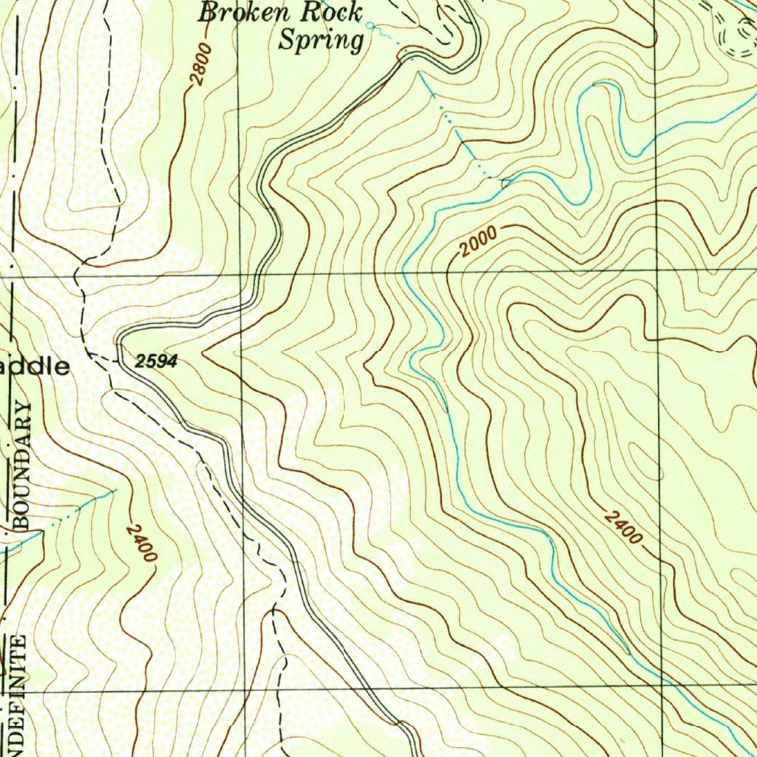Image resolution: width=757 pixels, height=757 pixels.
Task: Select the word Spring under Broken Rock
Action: [321, 40]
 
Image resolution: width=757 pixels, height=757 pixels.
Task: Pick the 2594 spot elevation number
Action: [157, 361]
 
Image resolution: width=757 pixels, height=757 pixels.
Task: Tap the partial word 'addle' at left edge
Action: [37, 367]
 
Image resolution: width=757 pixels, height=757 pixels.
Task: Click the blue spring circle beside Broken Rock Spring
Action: [370, 27]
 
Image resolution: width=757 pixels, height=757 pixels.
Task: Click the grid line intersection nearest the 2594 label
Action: [240, 274]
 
